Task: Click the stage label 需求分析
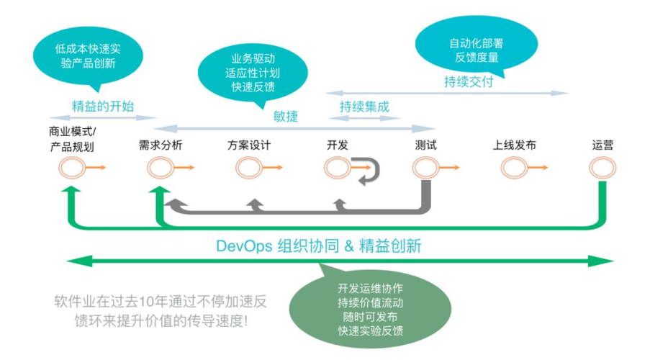click(161, 145)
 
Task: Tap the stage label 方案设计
click(248, 145)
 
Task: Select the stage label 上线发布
click(514, 145)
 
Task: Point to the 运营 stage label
click(602, 145)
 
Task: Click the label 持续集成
click(364, 107)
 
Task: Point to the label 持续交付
click(468, 81)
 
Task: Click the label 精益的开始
click(103, 106)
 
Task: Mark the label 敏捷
click(286, 117)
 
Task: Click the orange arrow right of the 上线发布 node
click(536, 168)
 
